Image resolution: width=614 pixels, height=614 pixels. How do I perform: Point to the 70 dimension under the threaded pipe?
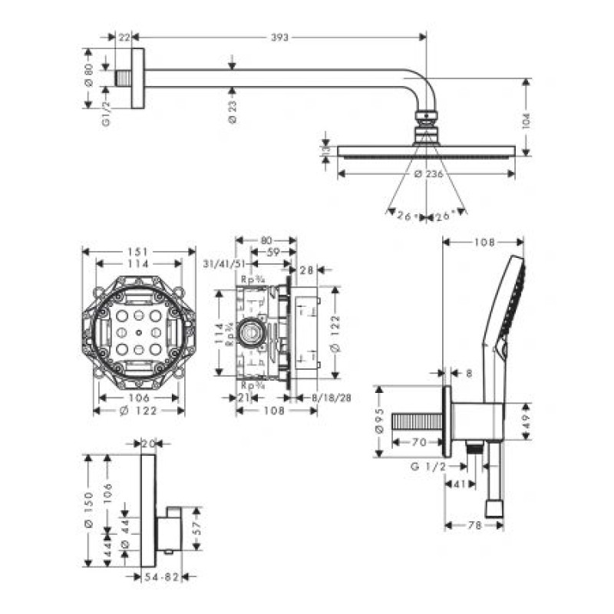tap(418, 442)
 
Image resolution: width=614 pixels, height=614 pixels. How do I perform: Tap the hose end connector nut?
tap(494, 508)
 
